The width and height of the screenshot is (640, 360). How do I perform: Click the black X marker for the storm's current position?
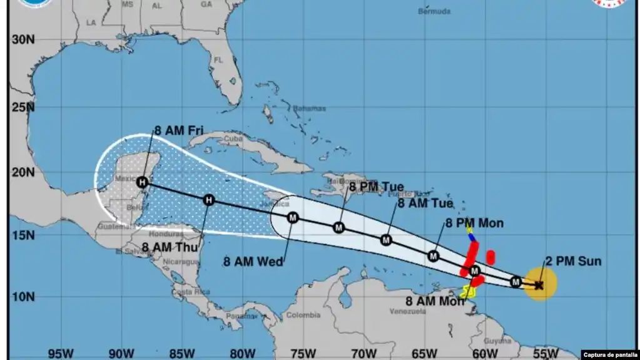539,285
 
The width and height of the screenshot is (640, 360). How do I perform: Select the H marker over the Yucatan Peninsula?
143,182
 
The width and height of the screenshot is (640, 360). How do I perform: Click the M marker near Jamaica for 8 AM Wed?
293,217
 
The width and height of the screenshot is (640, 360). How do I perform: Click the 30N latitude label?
23,39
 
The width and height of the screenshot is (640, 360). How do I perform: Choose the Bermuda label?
434,11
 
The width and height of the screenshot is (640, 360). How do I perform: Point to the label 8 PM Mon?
474,223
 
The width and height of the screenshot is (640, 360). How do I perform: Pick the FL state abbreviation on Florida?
219,60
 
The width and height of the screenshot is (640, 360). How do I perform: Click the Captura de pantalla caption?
610,355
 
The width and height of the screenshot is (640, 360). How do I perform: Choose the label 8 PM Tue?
376,187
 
